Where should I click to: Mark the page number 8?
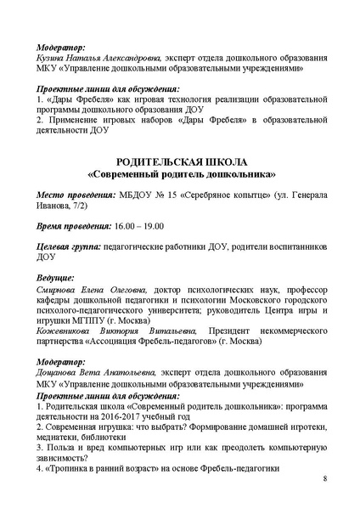[324, 480]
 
